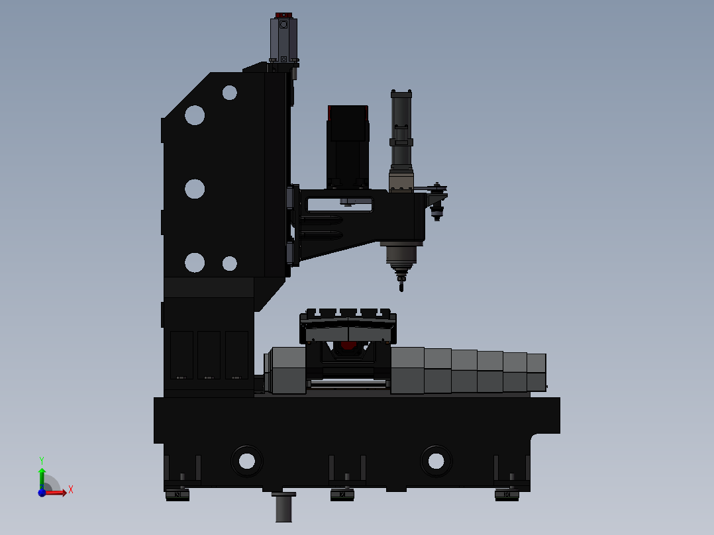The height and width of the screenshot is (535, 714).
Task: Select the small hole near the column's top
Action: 230,93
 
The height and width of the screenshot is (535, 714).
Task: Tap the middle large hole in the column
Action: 195,189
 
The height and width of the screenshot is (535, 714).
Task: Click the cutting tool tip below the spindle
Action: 401,286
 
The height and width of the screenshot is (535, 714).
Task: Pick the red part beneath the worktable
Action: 348,345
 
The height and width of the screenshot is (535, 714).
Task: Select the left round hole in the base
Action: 246,460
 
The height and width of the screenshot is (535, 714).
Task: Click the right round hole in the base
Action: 436,460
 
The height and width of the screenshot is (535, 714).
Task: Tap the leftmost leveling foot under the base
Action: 177,494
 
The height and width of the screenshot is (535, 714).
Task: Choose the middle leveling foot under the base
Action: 342,494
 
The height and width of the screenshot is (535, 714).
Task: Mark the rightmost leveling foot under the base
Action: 507,494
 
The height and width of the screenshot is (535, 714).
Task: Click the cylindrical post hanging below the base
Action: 283,508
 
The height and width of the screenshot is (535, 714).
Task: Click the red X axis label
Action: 71,490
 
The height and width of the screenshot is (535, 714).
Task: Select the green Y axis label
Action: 41,460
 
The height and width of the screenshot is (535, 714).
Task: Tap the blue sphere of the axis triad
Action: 42,493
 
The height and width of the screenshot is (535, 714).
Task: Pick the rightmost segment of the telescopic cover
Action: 536,372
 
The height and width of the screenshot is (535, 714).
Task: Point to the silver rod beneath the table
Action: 348,383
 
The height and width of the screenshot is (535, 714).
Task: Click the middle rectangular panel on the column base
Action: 209,355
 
